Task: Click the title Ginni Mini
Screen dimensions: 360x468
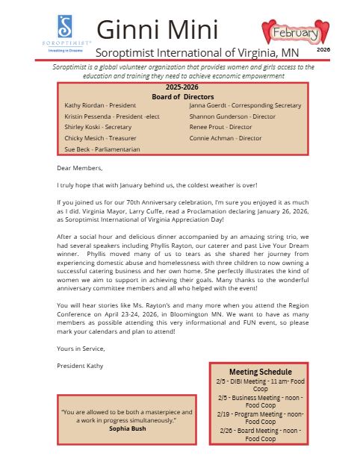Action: (157, 30)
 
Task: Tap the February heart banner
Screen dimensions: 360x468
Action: (296, 33)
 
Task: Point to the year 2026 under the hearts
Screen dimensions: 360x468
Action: (323, 49)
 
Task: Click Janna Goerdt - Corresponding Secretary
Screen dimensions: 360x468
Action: (245, 106)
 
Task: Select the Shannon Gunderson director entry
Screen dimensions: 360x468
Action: (232, 116)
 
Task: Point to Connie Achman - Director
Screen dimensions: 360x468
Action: (225, 138)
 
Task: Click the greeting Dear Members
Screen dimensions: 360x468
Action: (79, 168)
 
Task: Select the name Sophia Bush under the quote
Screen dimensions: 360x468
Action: (127, 428)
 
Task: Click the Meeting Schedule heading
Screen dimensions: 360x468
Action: (260, 372)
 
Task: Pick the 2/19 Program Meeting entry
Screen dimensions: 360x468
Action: (260, 417)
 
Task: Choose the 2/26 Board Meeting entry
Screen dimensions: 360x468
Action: (260, 434)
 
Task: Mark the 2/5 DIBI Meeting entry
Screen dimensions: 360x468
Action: (260, 384)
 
